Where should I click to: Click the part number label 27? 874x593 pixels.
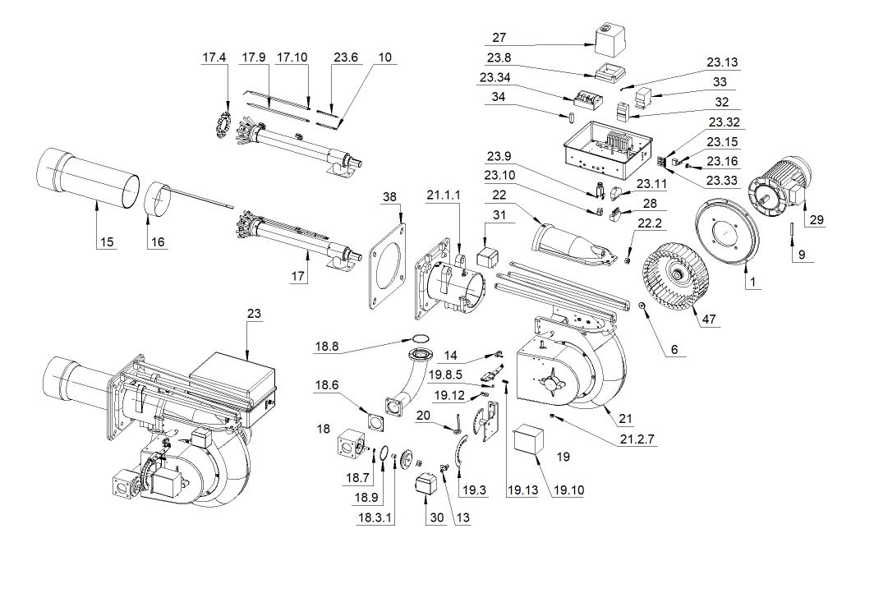[x=499, y=37]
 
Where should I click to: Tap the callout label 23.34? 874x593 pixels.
[x=494, y=79]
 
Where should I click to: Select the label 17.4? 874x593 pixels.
[x=214, y=57]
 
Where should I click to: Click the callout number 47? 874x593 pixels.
[x=707, y=319]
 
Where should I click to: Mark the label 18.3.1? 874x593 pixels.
[x=374, y=517]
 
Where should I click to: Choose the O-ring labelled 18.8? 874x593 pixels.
[x=421, y=338]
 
